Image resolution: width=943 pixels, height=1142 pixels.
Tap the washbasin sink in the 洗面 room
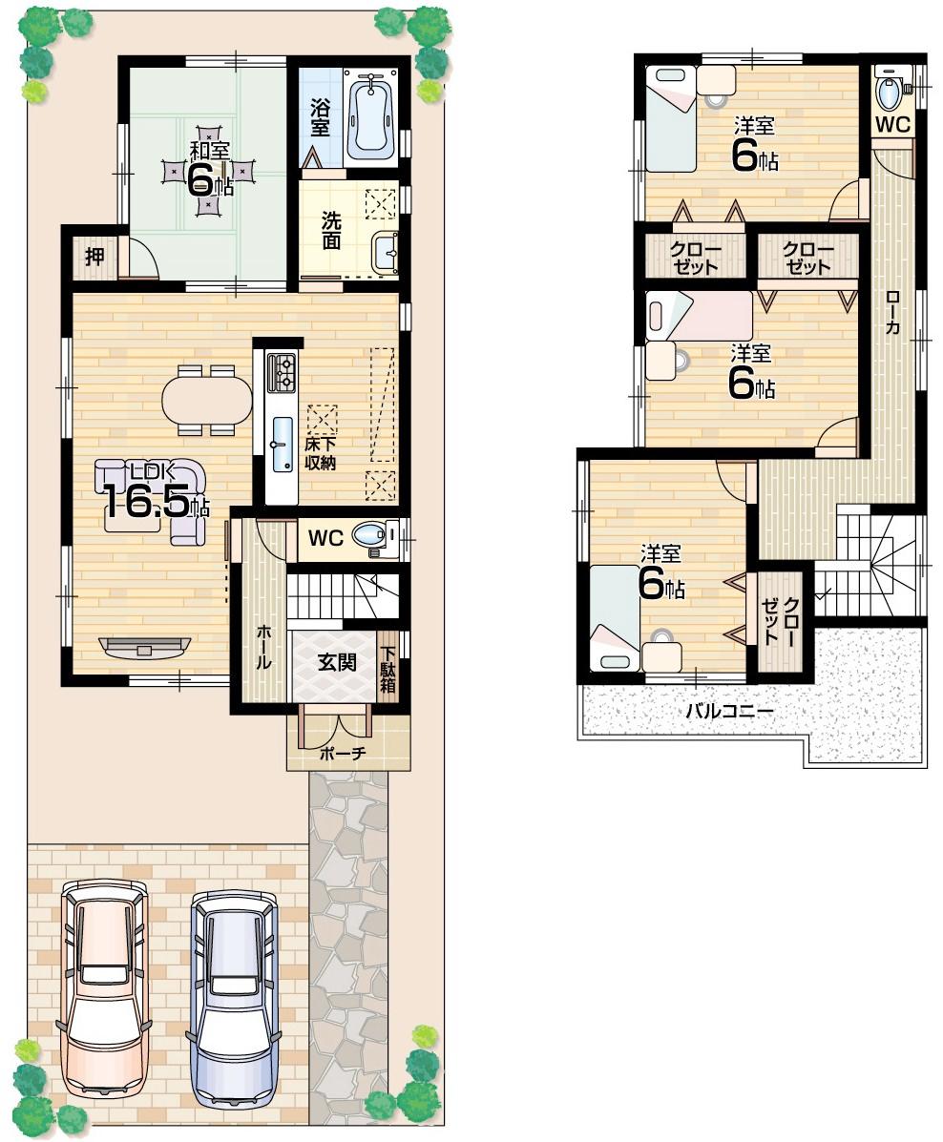(387, 253)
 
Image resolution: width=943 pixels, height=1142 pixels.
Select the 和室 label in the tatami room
(208, 151)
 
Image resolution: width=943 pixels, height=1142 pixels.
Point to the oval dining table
(207, 399)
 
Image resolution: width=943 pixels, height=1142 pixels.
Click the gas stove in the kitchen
(283, 372)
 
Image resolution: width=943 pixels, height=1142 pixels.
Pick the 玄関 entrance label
(337, 661)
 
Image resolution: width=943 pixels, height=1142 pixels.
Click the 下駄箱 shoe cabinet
(389, 668)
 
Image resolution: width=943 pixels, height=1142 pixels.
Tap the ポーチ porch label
(344, 753)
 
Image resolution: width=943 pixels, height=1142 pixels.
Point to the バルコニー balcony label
(729, 712)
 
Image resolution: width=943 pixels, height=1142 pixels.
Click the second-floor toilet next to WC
(890, 93)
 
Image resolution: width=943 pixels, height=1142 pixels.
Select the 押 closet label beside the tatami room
(94, 256)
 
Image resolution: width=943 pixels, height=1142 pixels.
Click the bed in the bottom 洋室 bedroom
(614, 617)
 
